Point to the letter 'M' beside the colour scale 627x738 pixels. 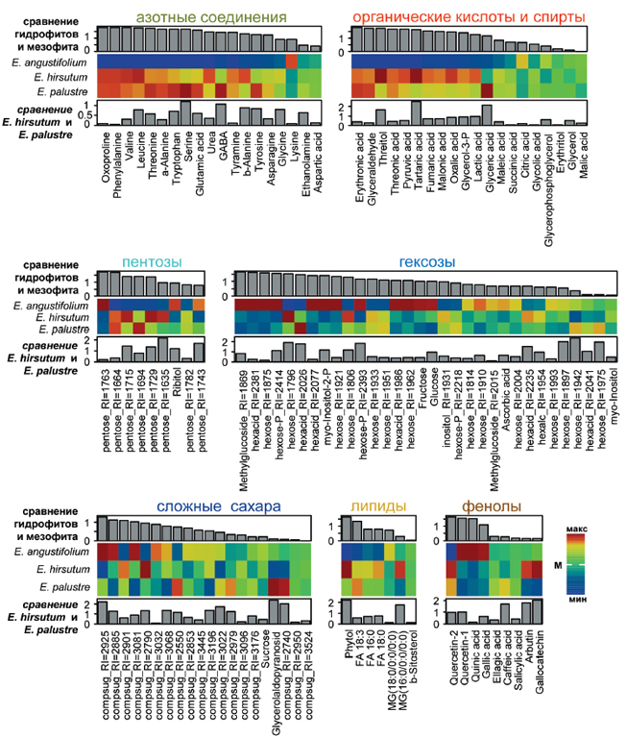click(557, 568)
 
